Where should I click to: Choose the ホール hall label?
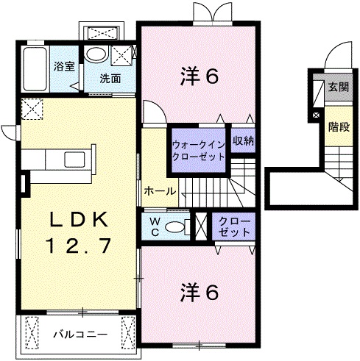point(160,190)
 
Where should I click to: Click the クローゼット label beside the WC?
point(233,226)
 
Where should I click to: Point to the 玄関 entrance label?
point(337,87)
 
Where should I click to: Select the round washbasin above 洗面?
point(94,54)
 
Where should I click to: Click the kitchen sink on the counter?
point(76,160)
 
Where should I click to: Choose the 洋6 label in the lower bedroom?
point(200,292)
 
